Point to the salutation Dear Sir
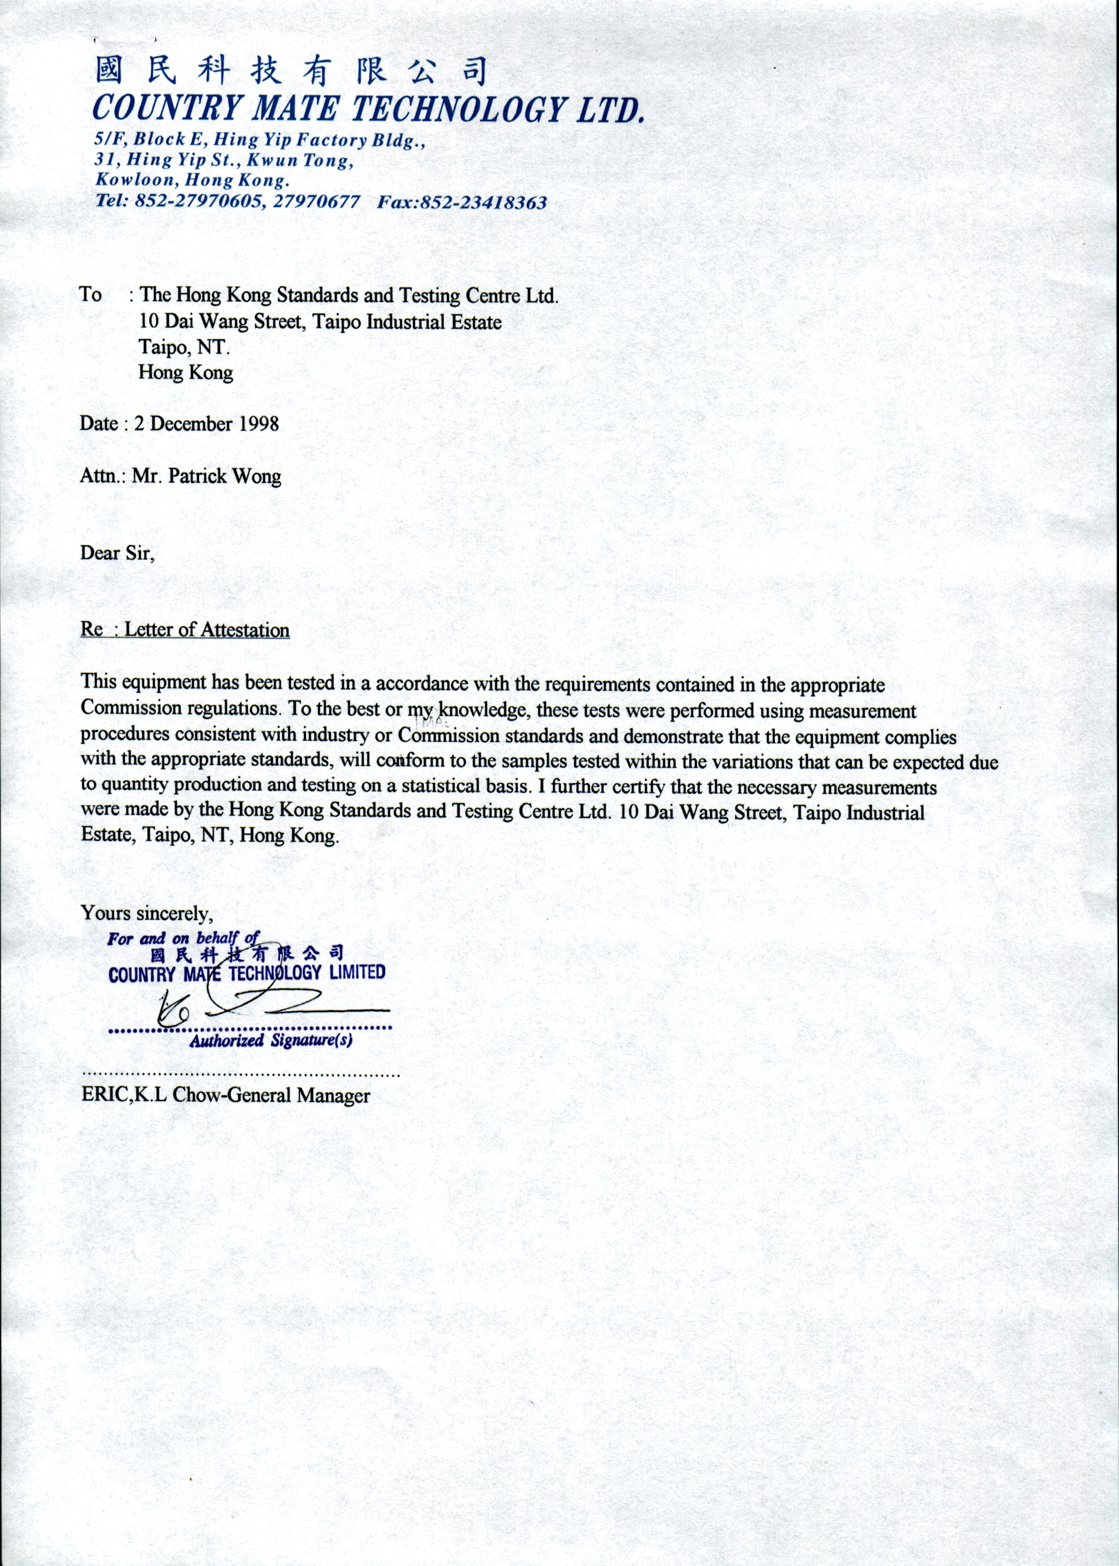pyautogui.click(x=117, y=553)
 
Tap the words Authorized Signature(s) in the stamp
pyautogui.click(x=271, y=1040)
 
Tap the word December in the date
pyautogui.click(x=192, y=423)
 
